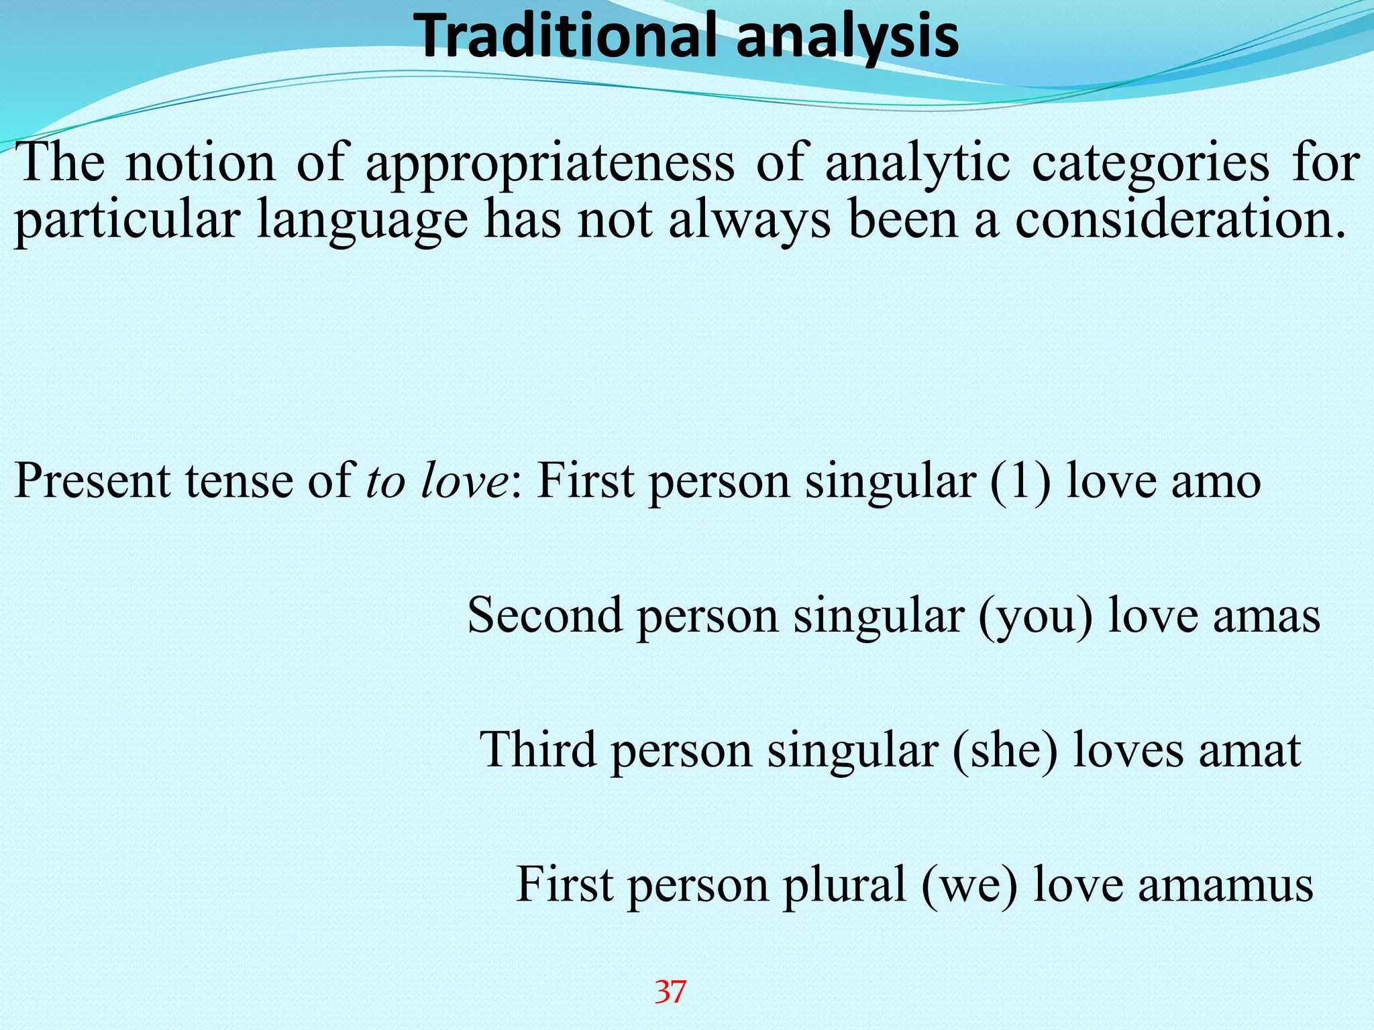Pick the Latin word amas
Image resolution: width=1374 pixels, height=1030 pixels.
point(1267,616)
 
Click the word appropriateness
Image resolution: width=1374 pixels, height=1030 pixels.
point(550,164)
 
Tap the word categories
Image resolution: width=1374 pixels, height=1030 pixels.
point(1150,164)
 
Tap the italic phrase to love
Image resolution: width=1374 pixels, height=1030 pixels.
point(437,482)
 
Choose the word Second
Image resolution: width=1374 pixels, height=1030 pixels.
point(544,616)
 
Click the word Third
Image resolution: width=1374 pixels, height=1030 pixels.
point(537,750)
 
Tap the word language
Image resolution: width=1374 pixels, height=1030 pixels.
point(362,222)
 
